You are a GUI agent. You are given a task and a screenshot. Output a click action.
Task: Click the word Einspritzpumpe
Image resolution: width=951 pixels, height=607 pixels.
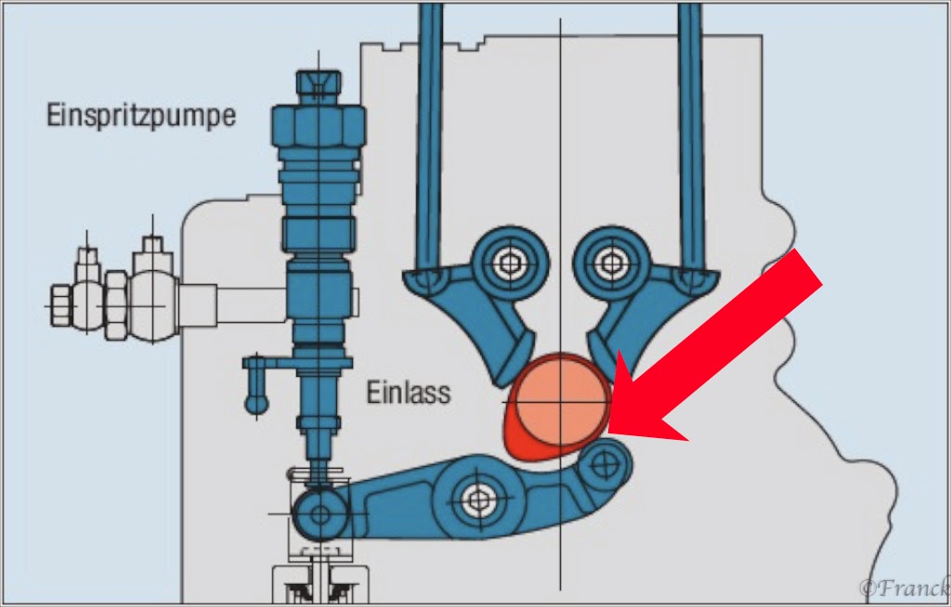click(x=141, y=116)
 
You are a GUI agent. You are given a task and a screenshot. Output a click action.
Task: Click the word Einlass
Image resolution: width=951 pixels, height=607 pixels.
click(x=408, y=392)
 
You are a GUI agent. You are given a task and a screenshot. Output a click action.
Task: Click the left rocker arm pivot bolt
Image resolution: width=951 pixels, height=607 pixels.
click(x=507, y=262)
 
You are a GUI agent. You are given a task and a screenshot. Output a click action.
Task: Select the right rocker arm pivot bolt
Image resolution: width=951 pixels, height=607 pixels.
click(x=609, y=261)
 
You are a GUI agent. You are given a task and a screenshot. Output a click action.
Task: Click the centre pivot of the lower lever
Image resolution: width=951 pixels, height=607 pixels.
click(x=478, y=498)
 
